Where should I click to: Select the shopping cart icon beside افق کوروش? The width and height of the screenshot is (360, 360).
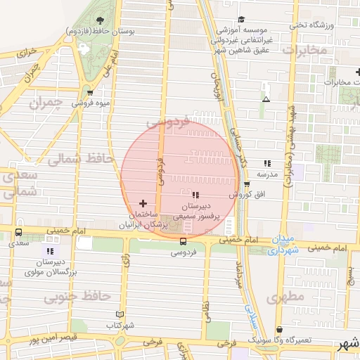click(246, 184)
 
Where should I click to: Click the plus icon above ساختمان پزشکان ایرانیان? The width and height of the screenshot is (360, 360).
click(143, 202)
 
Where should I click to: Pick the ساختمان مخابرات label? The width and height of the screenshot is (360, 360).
click(336, 82)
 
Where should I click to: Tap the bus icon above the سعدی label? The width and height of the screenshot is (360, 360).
click(18, 231)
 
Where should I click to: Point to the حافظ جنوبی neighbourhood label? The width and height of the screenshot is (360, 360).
click(67, 297)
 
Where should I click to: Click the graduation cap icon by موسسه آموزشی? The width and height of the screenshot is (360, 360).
click(242, 19)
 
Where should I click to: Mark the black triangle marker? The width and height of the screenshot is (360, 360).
click(266, 99)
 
